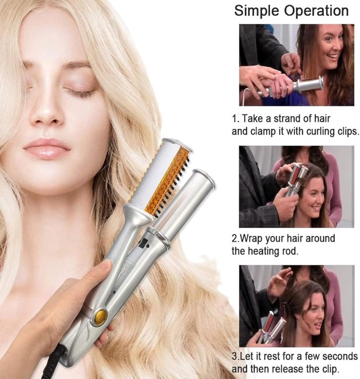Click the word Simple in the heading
pos(257,11)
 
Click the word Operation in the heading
pos(317,11)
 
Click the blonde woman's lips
pos(48,148)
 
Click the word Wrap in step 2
pos(251,239)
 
